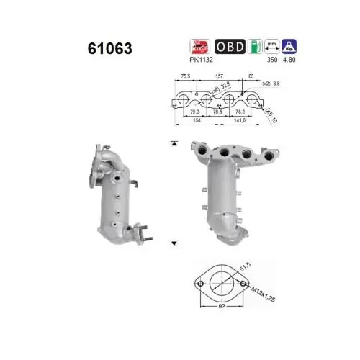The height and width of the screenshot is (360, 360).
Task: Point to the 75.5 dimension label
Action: (186, 75)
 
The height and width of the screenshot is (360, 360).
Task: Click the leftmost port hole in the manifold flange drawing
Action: (185, 99)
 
